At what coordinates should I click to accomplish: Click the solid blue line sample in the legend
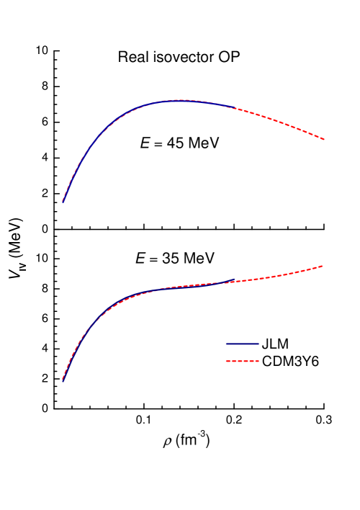point(242,344)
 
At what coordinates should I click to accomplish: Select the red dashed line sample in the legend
point(242,361)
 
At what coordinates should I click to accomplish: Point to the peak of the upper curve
point(180,100)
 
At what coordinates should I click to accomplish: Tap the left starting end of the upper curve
point(63,202)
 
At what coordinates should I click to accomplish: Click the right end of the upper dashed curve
point(325,140)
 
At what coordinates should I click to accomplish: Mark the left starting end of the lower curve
point(63,380)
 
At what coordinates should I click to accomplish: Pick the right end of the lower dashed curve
point(323,266)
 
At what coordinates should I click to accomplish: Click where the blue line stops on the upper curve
point(235,107)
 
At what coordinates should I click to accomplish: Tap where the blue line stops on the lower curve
point(235,281)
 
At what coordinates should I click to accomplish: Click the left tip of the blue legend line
point(226,344)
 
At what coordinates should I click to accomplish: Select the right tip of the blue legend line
point(258,344)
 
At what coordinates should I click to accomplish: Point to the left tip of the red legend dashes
point(226,361)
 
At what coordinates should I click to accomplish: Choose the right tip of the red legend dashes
point(258,361)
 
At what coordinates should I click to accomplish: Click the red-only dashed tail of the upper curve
point(281,121)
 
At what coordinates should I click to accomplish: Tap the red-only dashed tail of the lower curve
point(281,275)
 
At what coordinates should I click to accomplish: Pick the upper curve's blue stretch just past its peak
point(212,103)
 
